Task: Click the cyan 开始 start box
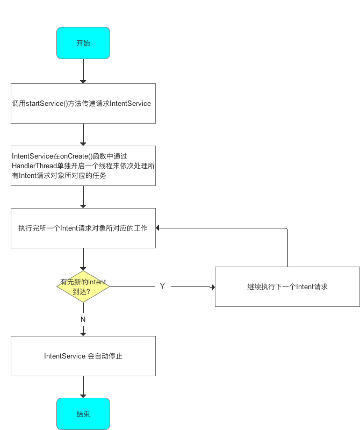(x=83, y=43)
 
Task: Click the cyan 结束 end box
(x=83, y=414)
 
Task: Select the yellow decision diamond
(x=83, y=286)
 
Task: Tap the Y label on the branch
(x=162, y=286)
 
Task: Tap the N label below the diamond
(x=83, y=319)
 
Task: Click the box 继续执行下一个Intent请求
(x=287, y=286)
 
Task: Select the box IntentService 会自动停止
(x=83, y=356)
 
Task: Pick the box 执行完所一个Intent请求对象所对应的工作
(x=83, y=228)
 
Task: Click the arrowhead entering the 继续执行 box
(x=212, y=287)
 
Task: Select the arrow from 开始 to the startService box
(x=83, y=70)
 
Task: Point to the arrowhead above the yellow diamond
(x=83, y=268)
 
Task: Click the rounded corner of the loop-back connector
(x=286, y=230)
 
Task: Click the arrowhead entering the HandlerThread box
(x=83, y=143)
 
